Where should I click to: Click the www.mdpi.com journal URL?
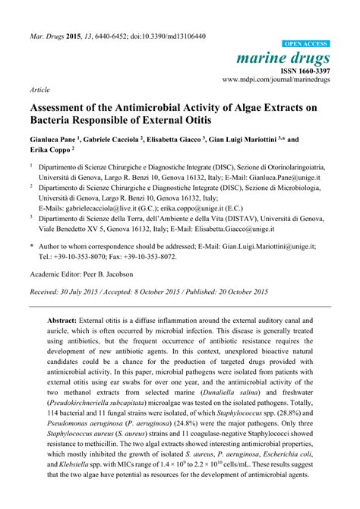(x=276, y=79)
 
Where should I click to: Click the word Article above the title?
(x=40, y=89)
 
